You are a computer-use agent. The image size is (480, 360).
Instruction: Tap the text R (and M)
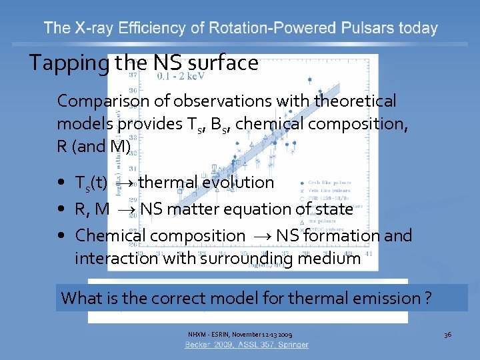[94, 147]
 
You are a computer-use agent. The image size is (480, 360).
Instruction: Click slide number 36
[447, 333]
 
